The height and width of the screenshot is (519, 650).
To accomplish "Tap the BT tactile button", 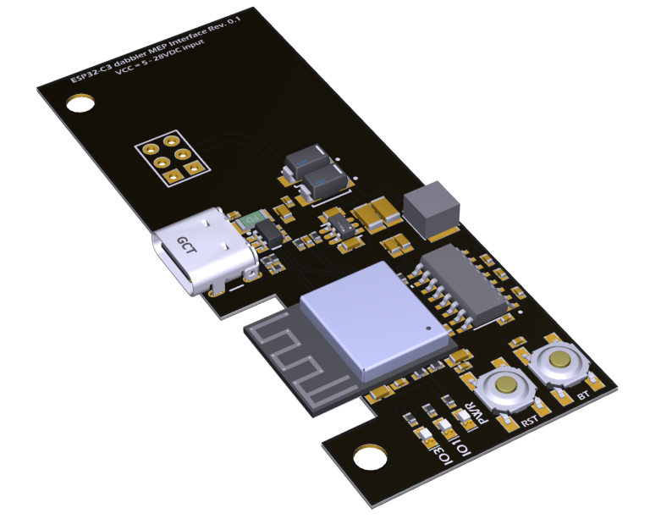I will pos(558,362).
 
